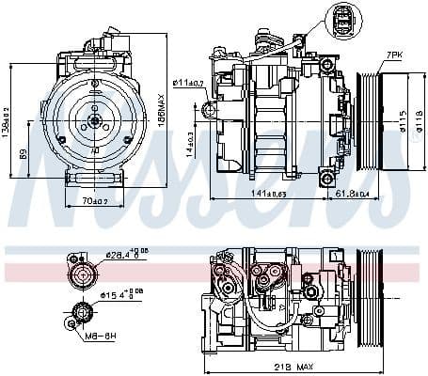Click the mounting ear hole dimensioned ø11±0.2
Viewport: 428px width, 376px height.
[x=209, y=111]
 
